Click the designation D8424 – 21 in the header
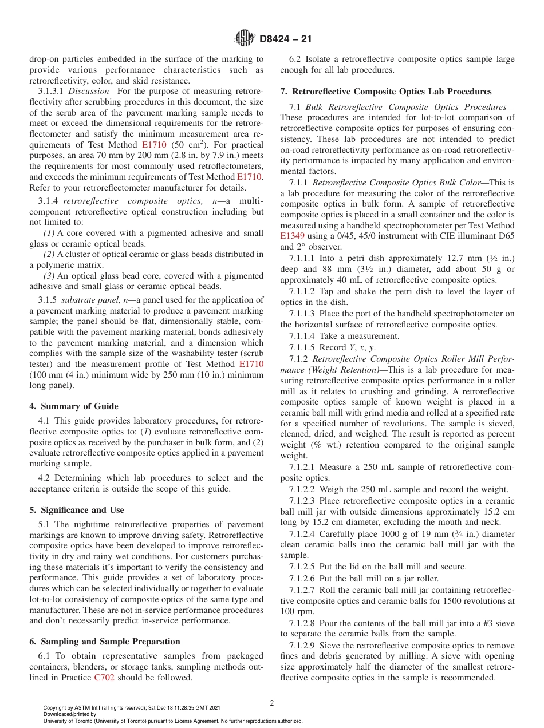click(x=285, y=39)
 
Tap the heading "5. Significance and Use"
click(x=76, y=510)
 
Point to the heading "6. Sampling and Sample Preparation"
click(x=104, y=642)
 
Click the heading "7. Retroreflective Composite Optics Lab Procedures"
click(x=385, y=92)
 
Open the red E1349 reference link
click(x=294, y=236)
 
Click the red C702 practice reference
click(x=104, y=678)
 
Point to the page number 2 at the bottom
click(x=272, y=703)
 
